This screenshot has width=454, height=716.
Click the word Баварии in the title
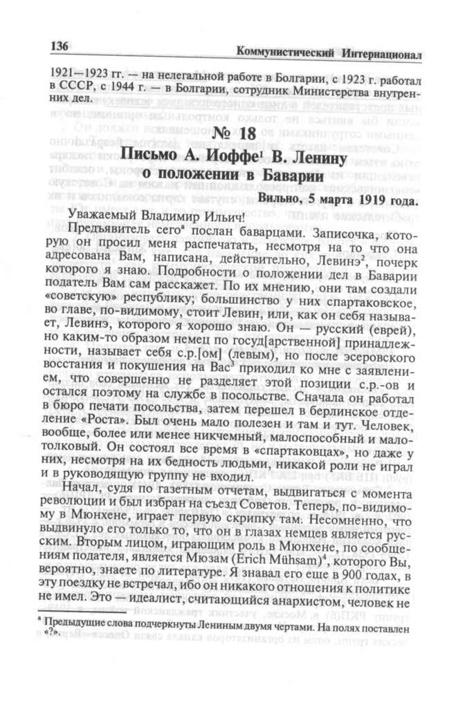285,176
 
